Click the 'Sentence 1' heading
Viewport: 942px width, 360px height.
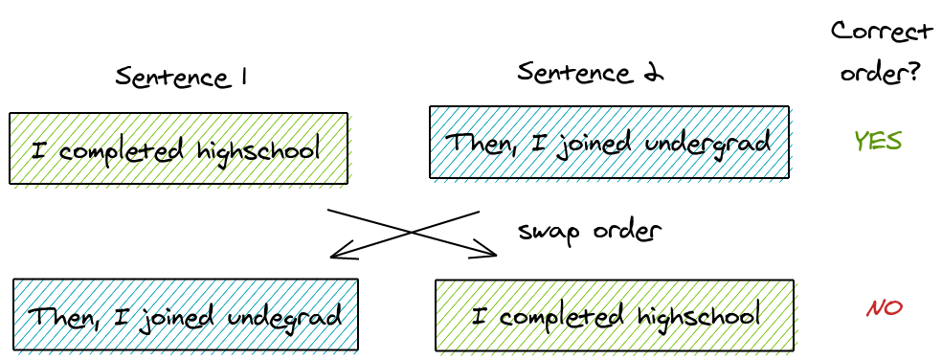(181, 77)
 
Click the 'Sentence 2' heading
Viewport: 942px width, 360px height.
(592, 72)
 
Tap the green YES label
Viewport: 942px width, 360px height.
(877, 141)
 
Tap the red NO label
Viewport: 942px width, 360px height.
(884, 308)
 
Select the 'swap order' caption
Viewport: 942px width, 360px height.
(589, 231)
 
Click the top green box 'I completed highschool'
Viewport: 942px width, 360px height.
(178, 148)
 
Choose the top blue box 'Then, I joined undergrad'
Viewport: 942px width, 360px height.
(609, 142)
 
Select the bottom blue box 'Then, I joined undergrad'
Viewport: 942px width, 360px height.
(186, 314)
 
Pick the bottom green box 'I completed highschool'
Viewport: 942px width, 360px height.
(615, 315)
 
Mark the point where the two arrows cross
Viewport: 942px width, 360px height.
(413, 233)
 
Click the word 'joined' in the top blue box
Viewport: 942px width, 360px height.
(605, 144)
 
